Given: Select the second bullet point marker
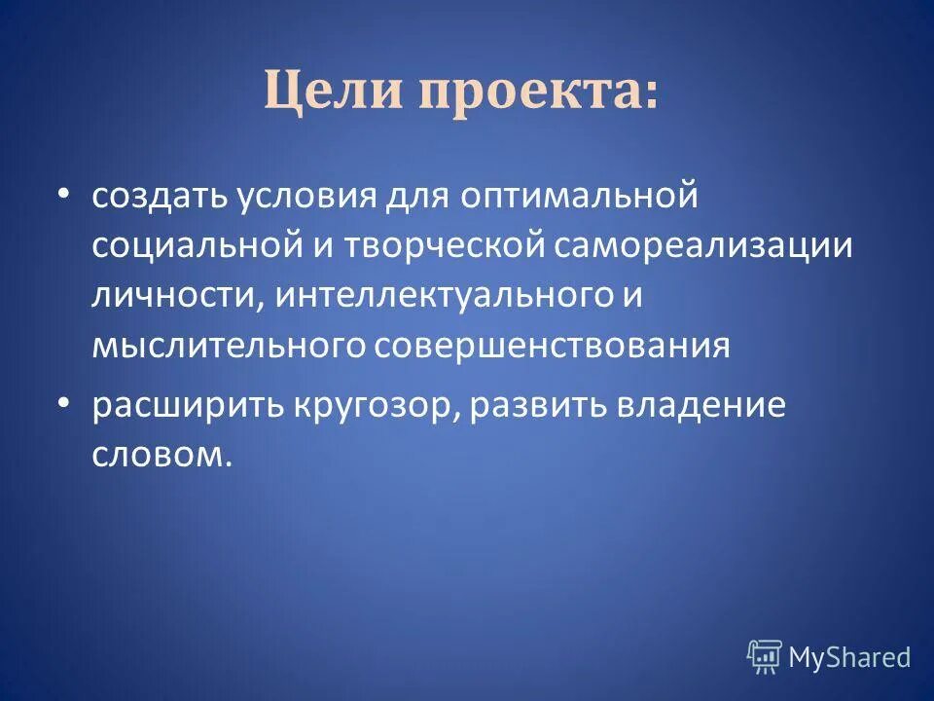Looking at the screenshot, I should click(63, 402).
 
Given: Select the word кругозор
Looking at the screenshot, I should click(370, 404).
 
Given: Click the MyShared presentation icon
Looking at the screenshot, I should click(764, 657).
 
